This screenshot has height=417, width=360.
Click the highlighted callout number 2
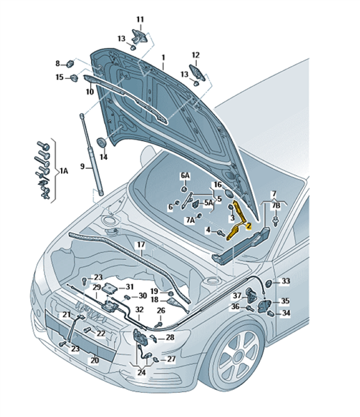click(249, 226)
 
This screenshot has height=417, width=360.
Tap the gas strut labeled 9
click(92, 154)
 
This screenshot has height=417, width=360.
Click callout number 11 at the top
click(140, 19)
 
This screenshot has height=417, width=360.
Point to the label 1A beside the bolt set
click(63, 171)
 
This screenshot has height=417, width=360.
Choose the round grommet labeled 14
click(101, 142)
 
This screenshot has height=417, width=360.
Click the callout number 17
click(141, 245)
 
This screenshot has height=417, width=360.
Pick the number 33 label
click(286, 281)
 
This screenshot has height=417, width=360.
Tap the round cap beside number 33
click(268, 284)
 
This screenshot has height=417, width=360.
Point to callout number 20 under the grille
click(95, 360)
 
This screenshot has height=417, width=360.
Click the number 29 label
click(97, 287)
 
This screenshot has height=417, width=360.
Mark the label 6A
click(186, 176)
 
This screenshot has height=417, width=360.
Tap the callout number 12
click(196, 55)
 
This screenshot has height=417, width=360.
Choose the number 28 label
click(170, 337)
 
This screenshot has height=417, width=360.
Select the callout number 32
click(139, 309)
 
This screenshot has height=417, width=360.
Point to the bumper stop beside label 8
click(70, 64)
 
